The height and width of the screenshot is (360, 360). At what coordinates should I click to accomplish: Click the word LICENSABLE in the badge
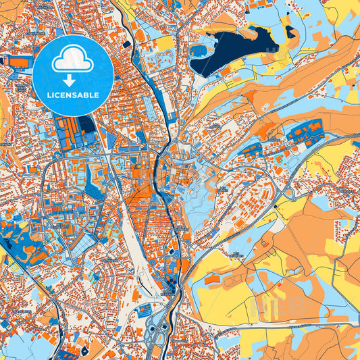click(74, 95)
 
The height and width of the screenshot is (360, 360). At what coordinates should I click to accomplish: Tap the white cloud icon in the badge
click(73, 61)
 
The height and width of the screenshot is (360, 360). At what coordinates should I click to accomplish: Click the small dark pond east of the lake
click(290, 32)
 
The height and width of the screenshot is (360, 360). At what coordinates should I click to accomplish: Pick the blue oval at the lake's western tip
click(197, 51)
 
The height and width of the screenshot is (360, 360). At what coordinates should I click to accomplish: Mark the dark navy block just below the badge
click(86, 124)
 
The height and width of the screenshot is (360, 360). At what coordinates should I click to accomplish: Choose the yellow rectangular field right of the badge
click(164, 44)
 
